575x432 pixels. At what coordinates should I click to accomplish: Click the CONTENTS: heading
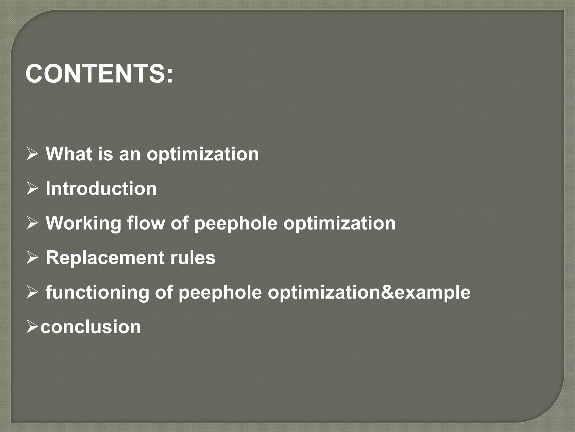click(99, 74)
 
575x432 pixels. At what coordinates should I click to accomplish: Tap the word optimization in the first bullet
click(202, 154)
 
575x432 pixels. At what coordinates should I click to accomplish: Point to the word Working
click(83, 223)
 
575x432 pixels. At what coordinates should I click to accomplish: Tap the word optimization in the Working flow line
click(339, 223)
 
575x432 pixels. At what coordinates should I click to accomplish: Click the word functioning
click(97, 292)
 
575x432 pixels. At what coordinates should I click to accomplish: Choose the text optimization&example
click(369, 292)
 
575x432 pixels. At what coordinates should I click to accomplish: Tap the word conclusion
click(90, 327)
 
